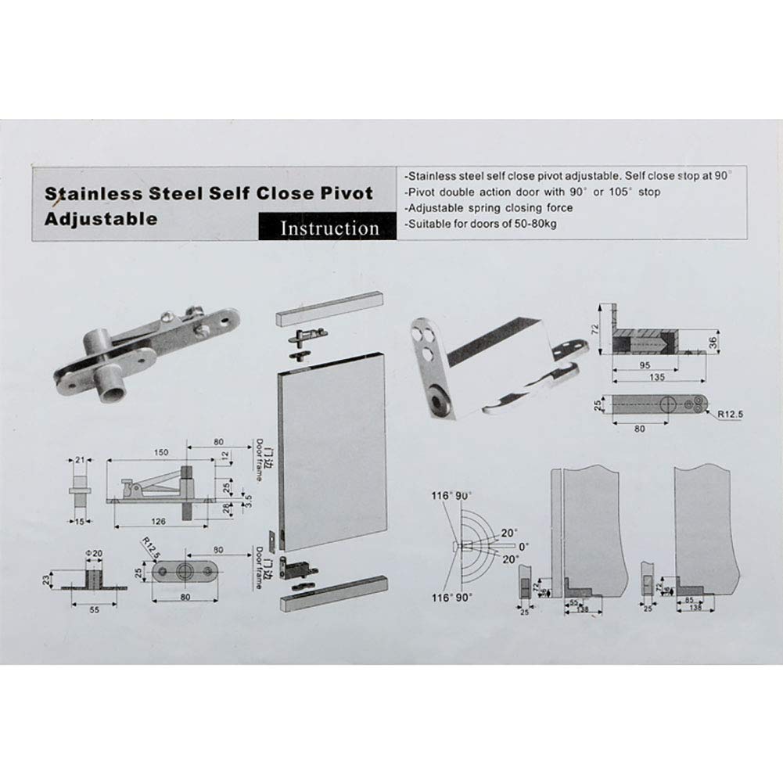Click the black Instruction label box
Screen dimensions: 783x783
click(329, 228)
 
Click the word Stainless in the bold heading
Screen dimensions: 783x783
click(87, 193)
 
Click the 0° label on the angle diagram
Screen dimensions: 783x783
click(523, 545)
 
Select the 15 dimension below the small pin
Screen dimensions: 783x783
click(78, 521)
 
